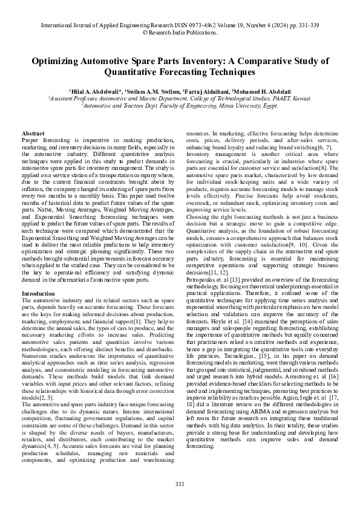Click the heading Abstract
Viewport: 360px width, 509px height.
tap(33, 132)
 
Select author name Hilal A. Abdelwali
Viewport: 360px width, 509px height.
tap(97, 91)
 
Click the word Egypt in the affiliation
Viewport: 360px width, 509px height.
tap(269, 105)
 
